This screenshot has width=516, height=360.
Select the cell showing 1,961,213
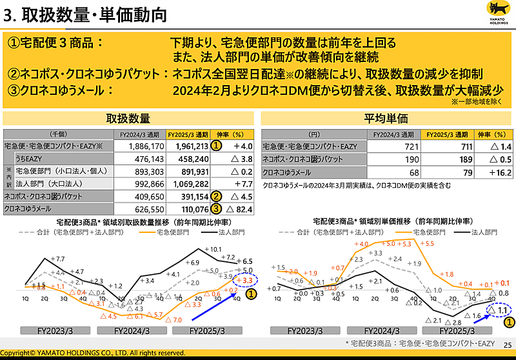[188, 146]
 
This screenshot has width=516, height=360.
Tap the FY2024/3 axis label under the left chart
[133, 330]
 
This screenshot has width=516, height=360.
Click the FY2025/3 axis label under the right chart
[458, 330]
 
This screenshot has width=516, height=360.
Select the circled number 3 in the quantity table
[217, 208]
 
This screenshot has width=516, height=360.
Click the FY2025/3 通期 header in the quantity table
[188, 135]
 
